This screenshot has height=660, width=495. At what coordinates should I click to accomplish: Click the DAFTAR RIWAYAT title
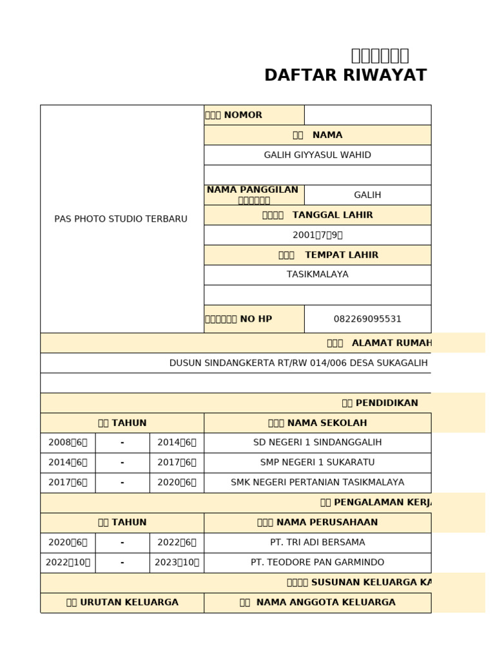(x=345, y=75)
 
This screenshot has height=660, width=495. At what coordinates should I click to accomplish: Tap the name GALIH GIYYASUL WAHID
(x=317, y=155)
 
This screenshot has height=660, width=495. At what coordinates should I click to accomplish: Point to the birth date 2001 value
(x=317, y=235)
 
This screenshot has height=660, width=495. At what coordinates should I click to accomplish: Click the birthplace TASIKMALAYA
(x=317, y=274)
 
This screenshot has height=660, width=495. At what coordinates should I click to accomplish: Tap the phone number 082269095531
(x=367, y=318)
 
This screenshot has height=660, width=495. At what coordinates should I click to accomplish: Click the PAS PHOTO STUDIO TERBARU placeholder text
(x=121, y=219)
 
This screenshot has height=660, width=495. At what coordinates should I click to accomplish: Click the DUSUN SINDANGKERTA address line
(x=298, y=363)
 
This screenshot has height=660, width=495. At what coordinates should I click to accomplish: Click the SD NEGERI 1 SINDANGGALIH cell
(x=317, y=442)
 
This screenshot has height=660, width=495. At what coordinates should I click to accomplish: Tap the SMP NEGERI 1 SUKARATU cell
(x=317, y=462)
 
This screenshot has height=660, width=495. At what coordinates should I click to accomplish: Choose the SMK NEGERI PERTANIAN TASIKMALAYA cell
(x=317, y=482)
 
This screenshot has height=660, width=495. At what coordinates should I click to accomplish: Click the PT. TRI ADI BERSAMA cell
(x=317, y=542)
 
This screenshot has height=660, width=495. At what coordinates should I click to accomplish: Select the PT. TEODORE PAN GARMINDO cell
(x=317, y=562)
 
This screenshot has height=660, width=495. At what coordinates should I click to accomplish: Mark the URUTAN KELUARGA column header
(x=122, y=602)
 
